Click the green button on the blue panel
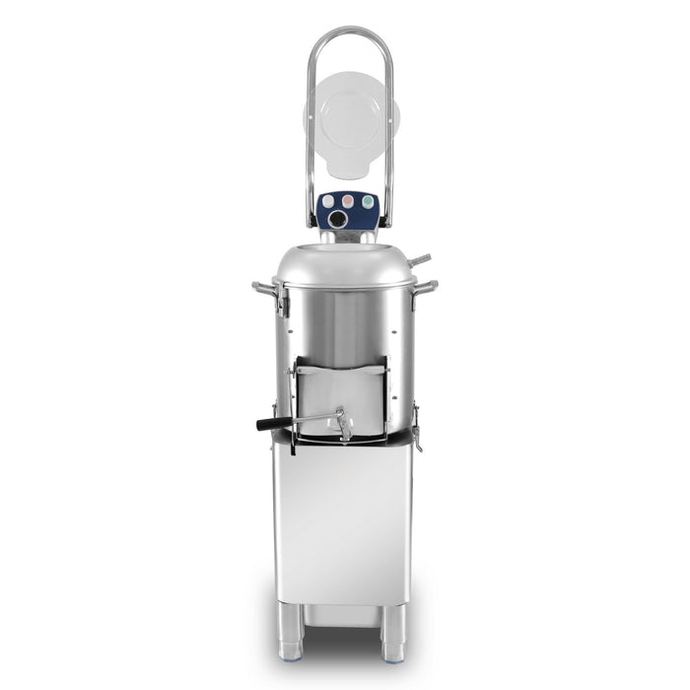point(368,200)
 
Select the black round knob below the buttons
point(339,219)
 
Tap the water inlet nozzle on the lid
point(420,260)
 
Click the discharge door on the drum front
point(341,389)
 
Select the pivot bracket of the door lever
point(343,424)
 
